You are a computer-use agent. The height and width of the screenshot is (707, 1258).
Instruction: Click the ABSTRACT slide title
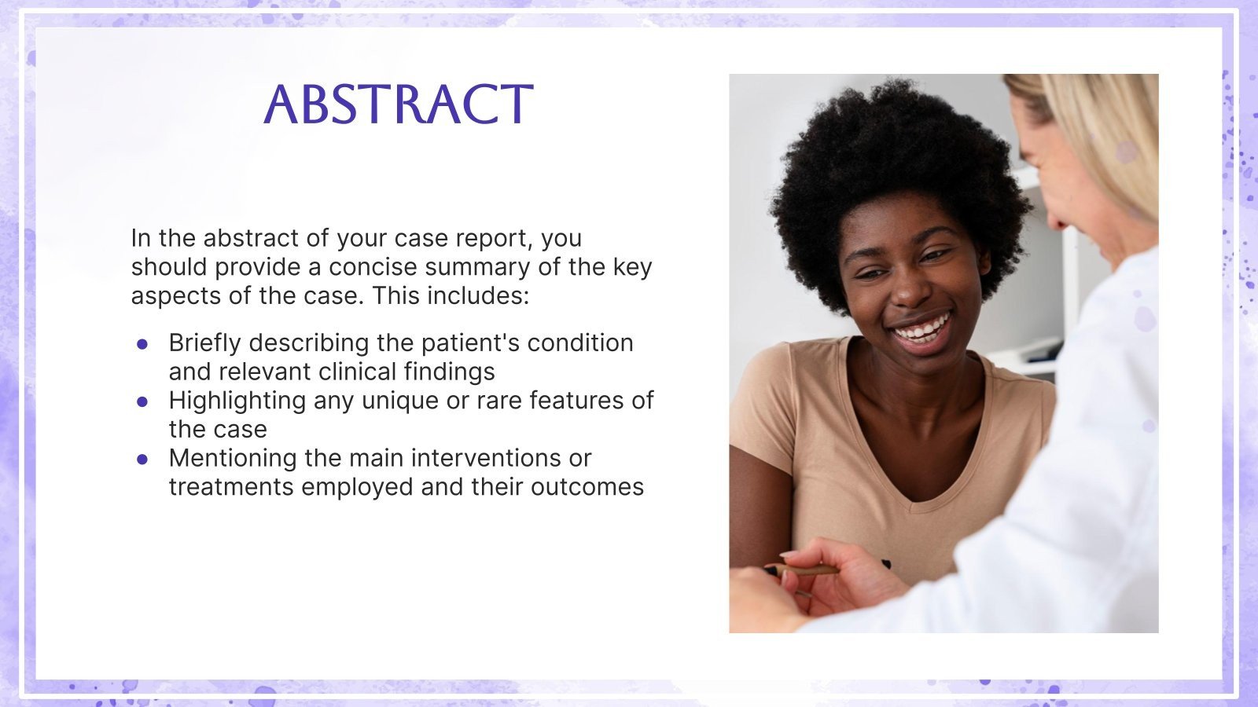pyautogui.click(x=399, y=104)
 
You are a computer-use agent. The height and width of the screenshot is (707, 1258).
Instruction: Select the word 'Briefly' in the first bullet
pyautogui.click(x=204, y=343)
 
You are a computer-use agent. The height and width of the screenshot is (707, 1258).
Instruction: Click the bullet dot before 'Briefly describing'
pyautogui.click(x=142, y=344)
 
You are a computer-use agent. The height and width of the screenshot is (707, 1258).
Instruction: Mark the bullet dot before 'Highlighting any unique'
pyautogui.click(x=142, y=401)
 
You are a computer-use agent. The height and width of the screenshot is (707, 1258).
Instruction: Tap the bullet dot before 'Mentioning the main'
pyautogui.click(x=142, y=459)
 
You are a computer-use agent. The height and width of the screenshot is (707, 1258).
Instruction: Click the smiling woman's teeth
pyautogui.click(x=921, y=328)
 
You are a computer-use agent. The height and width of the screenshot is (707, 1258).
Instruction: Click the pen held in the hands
pyautogui.click(x=810, y=570)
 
